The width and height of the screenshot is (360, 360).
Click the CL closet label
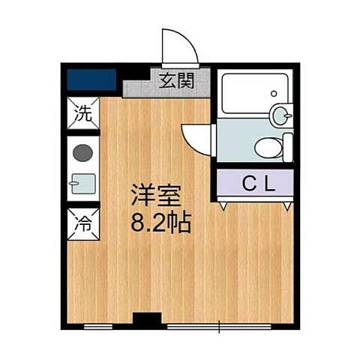255,182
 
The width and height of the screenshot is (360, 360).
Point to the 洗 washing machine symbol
82,115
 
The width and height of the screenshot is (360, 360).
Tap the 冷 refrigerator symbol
82,223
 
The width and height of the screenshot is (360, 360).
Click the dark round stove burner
82,153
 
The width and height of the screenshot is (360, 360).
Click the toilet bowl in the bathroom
268,148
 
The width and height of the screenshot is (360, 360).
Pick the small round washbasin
280,115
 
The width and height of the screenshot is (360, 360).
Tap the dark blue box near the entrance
91,79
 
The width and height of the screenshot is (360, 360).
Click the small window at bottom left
97,326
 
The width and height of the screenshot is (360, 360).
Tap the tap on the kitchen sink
72,183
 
